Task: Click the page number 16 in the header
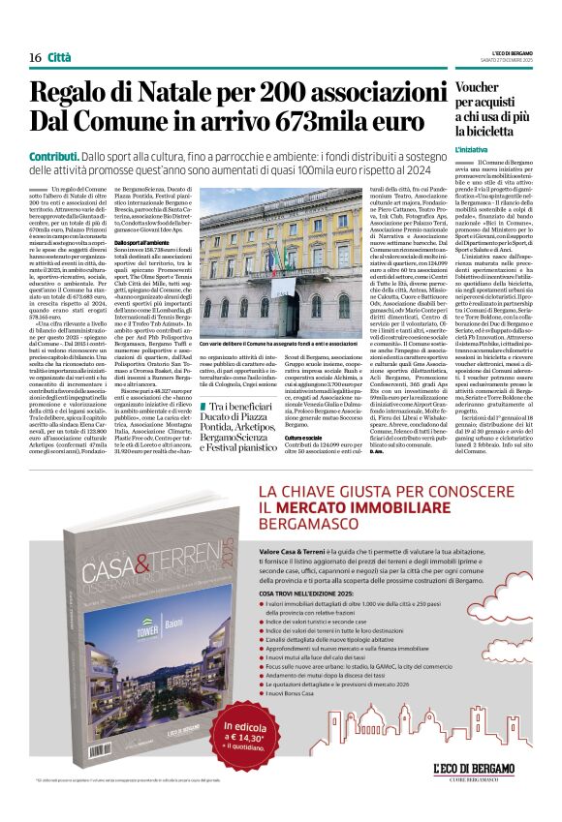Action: (x=35, y=57)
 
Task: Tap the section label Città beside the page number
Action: (x=59, y=57)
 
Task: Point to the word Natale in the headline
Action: (x=148, y=92)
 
